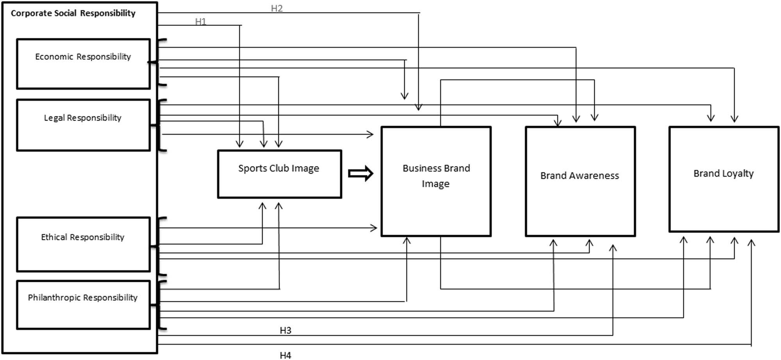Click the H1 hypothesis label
[x=200, y=21]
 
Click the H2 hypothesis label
[x=276, y=8]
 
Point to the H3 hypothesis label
[x=285, y=330]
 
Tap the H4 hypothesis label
[x=285, y=355]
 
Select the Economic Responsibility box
[x=83, y=64]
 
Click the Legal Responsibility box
[x=83, y=125]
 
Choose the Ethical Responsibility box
[x=83, y=244]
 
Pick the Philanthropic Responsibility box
[x=83, y=305]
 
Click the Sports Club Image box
[x=279, y=174]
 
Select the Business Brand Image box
[x=436, y=181]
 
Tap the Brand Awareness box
[x=580, y=181]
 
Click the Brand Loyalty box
[x=724, y=179]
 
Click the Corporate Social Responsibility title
[x=73, y=13]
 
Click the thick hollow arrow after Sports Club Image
[x=360, y=173]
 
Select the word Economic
[x=54, y=57]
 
